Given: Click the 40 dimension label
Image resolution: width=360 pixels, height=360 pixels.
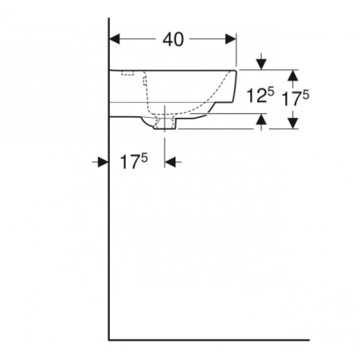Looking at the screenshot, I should pyautogui.click(x=173, y=39).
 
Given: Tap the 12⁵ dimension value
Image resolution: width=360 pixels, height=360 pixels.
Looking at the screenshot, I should pyautogui.click(x=259, y=96).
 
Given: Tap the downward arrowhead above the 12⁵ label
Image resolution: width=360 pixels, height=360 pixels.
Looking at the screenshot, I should pyautogui.click(x=261, y=65).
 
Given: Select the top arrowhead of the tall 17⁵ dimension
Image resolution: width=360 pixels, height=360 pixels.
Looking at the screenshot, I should pyautogui.click(x=292, y=75).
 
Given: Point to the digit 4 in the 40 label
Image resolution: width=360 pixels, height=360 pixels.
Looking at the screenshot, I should pyautogui.click(x=167, y=39).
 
